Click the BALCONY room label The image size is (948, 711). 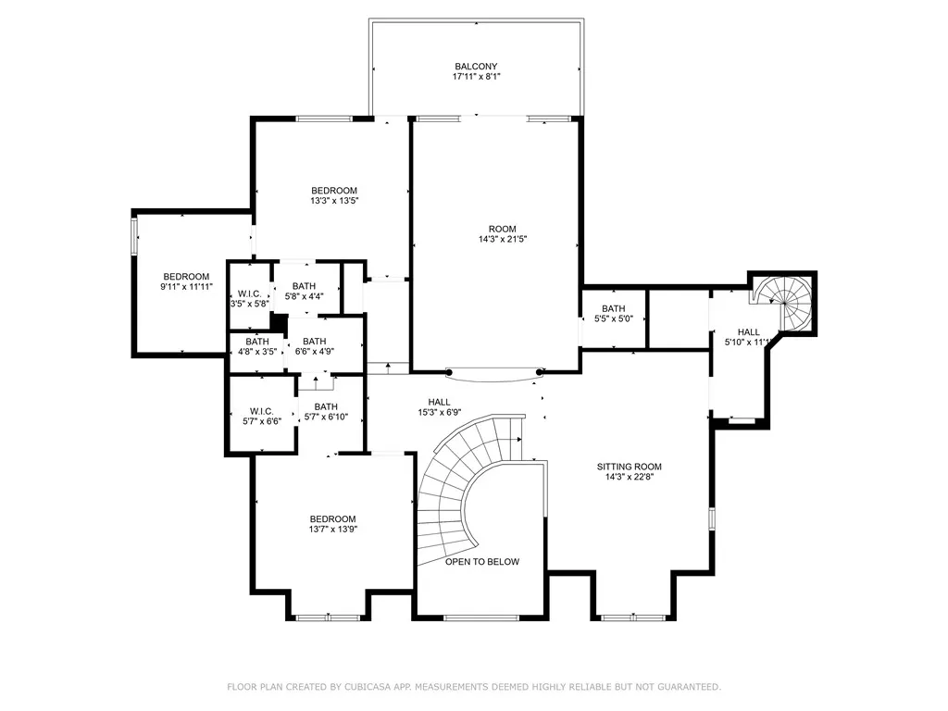click(476, 67)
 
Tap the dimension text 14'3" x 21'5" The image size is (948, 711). click(503, 239)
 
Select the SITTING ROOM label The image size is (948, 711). click(629, 467)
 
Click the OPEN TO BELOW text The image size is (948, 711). click(481, 562)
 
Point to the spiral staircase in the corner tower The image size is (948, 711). click(782, 303)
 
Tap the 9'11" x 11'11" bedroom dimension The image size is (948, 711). click(186, 287)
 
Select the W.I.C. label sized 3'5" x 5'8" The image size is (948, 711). click(250, 293)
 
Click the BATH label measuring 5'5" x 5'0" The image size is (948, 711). click(614, 308)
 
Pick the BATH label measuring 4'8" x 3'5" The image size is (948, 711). click(257, 342)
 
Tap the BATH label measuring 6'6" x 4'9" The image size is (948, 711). click(315, 342)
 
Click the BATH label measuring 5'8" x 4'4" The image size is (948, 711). click(304, 286)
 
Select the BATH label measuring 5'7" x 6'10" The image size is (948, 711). click(326, 407)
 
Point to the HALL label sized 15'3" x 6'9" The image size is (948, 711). click(439, 402)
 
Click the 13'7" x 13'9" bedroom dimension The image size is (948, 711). click(332, 529)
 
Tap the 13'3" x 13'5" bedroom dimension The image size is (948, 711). click(334, 201)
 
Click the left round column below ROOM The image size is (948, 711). click(449, 372)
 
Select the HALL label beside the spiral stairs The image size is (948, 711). click(748, 332)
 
